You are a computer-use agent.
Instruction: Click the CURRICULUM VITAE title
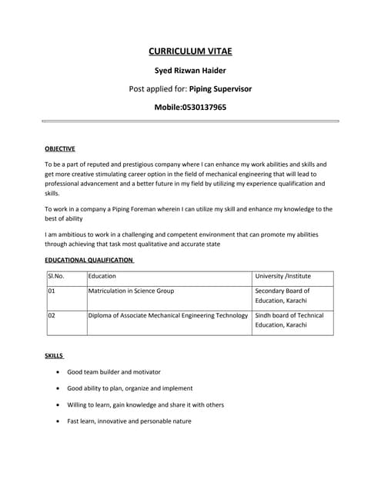pos(189,52)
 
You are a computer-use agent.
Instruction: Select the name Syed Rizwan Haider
pos(189,71)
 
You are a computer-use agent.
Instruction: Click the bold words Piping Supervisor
pos(220,88)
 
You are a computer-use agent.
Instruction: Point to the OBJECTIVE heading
pos(59,148)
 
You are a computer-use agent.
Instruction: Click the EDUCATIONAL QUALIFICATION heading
pos(89,260)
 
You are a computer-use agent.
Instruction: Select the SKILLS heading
pos(54,357)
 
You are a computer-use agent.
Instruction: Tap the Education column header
pos(102,275)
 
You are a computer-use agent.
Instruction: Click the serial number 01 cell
pos(52,291)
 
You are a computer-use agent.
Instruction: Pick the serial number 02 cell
pos(52,315)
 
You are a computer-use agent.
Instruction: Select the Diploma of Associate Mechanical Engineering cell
pos(168,315)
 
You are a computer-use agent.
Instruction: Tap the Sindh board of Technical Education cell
pos(289,320)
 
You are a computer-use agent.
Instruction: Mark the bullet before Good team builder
pos(59,372)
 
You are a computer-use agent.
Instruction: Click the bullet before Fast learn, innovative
pos(59,421)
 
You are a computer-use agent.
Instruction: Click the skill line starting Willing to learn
pos(145,404)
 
